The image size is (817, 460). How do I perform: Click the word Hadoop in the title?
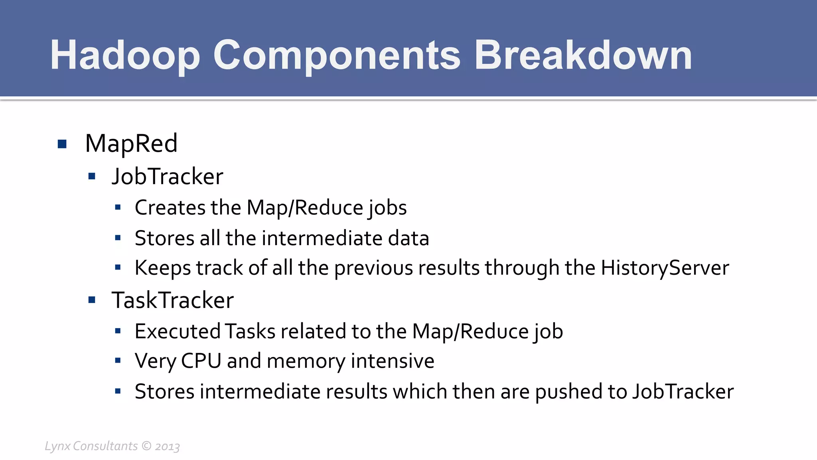[124, 56]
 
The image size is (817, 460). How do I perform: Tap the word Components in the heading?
[337, 56]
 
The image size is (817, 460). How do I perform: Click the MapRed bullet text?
[131, 143]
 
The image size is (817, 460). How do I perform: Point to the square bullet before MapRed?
[62, 144]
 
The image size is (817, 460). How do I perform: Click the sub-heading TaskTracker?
[172, 300]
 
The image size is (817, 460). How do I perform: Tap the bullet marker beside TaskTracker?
[92, 300]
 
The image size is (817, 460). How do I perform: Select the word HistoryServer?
[665, 268]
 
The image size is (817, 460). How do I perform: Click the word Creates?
[170, 208]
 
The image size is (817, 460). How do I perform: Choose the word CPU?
[201, 361]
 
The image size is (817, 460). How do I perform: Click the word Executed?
[177, 331]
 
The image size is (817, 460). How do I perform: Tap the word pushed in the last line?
[568, 392]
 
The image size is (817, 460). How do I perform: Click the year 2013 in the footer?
[168, 446]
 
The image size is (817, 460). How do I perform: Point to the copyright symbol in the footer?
[146, 446]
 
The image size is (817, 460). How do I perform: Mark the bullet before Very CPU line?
[118, 361]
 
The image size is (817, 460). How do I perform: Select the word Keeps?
[162, 268]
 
